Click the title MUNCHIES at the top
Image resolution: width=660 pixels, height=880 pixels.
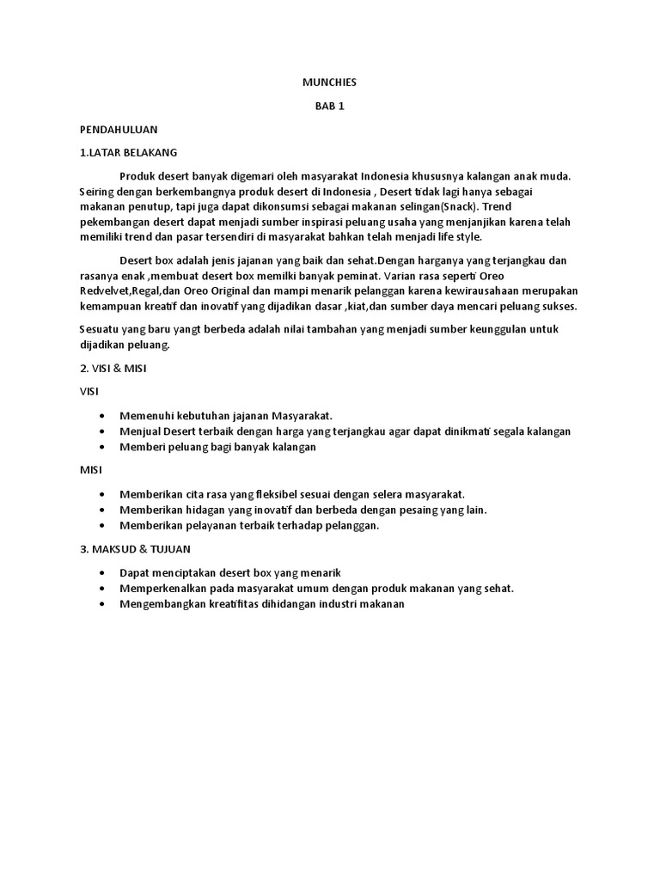(x=329, y=82)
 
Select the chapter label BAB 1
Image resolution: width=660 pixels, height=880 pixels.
(x=329, y=107)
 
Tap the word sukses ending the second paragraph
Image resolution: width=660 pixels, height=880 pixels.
(x=558, y=306)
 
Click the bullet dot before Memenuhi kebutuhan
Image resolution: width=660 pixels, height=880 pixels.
(x=103, y=415)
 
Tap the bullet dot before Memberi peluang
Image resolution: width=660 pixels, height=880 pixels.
(x=103, y=447)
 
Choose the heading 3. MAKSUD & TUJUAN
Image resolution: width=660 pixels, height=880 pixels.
(x=135, y=548)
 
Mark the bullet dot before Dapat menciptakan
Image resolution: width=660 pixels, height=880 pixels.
(x=103, y=572)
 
